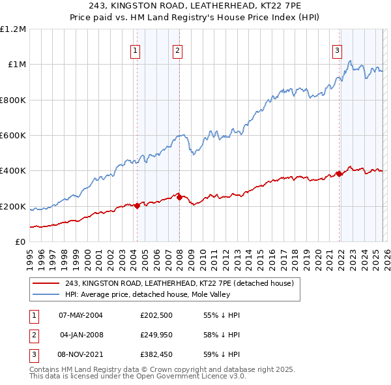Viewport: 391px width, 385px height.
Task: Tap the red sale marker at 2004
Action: (137, 206)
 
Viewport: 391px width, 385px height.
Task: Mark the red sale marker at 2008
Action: (179, 197)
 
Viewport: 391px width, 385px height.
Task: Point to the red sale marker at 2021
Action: (339, 174)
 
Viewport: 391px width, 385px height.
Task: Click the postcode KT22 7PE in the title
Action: (268, 6)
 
